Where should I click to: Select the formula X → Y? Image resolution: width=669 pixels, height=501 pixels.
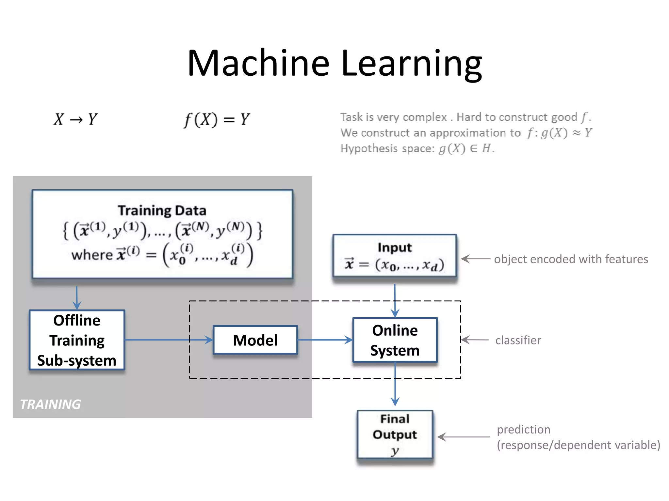(76, 119)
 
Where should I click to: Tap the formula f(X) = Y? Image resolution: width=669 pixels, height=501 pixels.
(217, 120)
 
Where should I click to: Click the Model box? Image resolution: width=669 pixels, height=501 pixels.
(255, 340)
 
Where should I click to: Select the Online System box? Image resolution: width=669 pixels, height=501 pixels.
(395, 340)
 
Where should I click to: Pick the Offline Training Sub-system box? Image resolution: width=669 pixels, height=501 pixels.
(77, 340)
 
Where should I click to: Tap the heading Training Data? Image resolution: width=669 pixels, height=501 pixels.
(162, 210)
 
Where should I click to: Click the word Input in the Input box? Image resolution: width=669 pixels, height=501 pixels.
(395, 248)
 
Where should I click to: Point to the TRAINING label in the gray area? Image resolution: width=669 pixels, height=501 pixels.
(50, 404)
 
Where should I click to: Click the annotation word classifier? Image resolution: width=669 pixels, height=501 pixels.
(518, 340)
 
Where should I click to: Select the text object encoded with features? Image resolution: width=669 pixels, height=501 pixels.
(571, 259)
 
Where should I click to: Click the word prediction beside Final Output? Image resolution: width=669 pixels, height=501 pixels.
(524, 430)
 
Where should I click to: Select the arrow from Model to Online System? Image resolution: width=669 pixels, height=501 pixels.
(325, 340)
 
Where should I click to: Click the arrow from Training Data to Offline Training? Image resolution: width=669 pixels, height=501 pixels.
(77, 297)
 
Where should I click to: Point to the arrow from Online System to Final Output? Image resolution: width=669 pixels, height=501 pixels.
(395, 385)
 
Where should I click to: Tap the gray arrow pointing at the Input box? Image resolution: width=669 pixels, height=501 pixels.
(475, 259)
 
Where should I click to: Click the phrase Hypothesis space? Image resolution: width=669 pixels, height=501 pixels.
(387, 149)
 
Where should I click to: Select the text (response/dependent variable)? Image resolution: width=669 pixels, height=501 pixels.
(579, 445)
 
